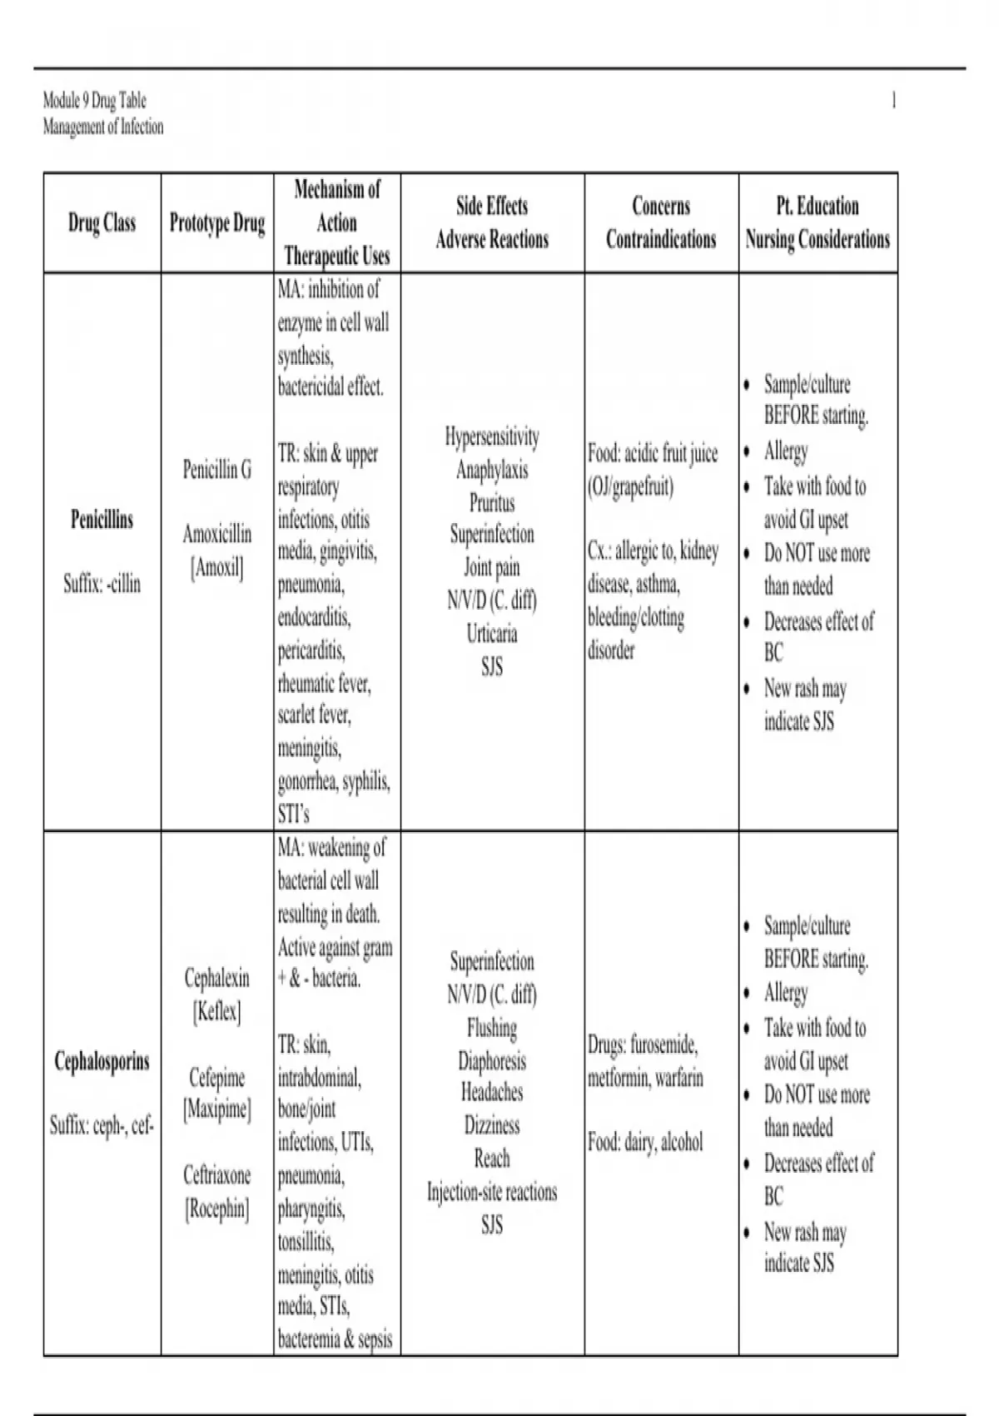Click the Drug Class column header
102,223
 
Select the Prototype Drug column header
216,223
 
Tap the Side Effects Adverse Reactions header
492,222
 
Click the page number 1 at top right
894,101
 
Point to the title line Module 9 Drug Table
94,101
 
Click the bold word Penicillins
102,520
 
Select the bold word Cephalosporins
102,1061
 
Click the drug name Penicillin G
216,470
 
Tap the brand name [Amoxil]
216,568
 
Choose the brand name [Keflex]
216,1012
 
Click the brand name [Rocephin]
216,1208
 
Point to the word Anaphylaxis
492,470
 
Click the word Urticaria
492,634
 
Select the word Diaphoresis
492,1060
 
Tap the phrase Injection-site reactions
492,1192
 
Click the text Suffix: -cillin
102,583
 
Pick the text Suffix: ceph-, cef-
102,1126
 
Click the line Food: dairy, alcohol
645,1141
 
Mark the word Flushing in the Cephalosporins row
492,1028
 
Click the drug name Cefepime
216,1078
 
